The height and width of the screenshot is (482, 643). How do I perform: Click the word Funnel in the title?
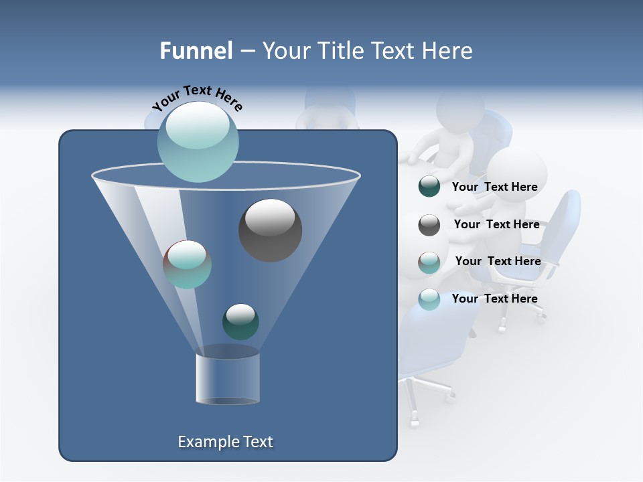[196, 51]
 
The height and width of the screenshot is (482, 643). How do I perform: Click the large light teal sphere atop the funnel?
[198, 142]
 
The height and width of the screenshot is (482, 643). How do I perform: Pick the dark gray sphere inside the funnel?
[270, 230]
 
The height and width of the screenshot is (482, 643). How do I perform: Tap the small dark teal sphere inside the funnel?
[240, 321]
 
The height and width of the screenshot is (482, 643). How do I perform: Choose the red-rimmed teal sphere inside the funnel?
[187, 264]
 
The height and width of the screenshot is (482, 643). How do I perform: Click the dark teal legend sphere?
[429, 186]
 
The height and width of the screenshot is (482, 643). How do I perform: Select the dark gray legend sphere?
[429, 224]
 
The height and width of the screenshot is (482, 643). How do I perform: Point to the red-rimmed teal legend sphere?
[429, 262]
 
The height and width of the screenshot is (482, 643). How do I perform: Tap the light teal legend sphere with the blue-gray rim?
[429, 299]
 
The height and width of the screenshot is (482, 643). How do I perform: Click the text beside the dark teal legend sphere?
[494, 187]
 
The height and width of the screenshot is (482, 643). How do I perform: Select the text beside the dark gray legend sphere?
[496, 224]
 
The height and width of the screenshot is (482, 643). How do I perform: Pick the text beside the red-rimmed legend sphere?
[498, 261]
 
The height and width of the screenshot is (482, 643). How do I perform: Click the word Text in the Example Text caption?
[257, 442]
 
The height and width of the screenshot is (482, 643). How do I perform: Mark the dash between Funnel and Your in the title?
[246, 51]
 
